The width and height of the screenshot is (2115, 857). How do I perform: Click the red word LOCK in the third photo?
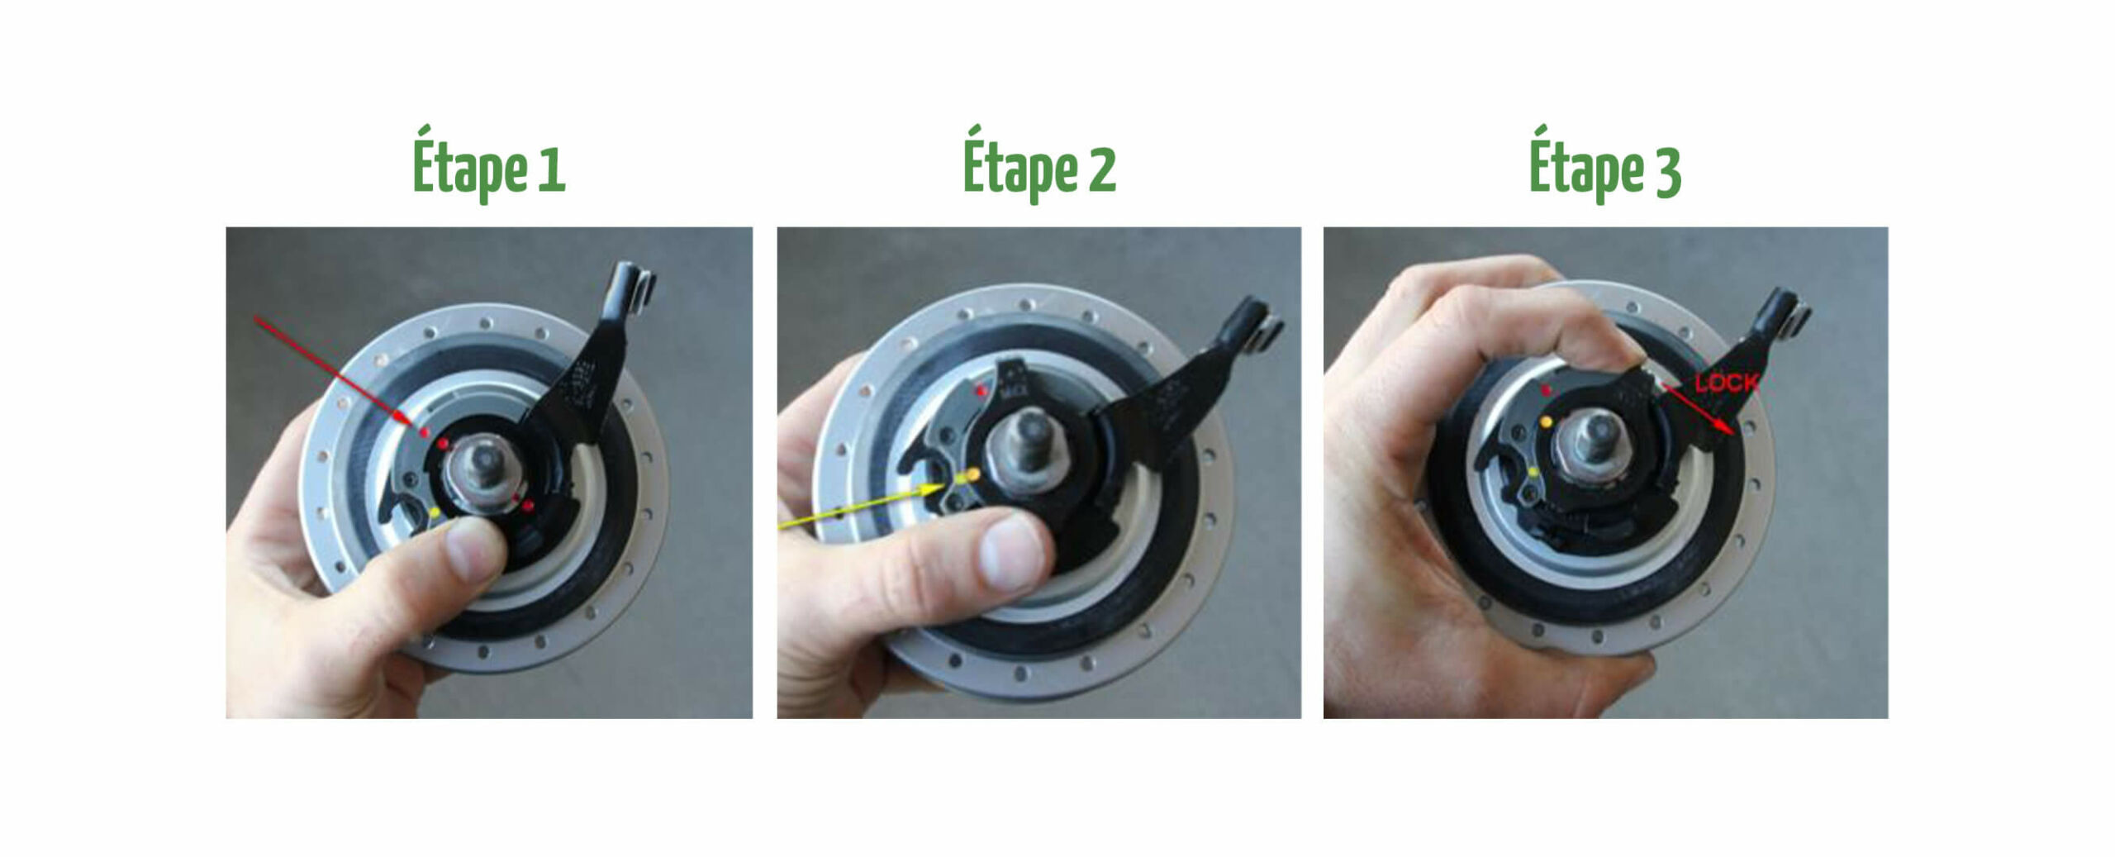click(1727, 383)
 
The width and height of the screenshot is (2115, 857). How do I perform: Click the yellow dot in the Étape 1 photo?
click(435, 512)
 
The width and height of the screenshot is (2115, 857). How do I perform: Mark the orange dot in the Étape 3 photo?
click(1546, 421)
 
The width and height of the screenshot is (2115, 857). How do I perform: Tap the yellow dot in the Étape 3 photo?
click(1533, 472)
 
